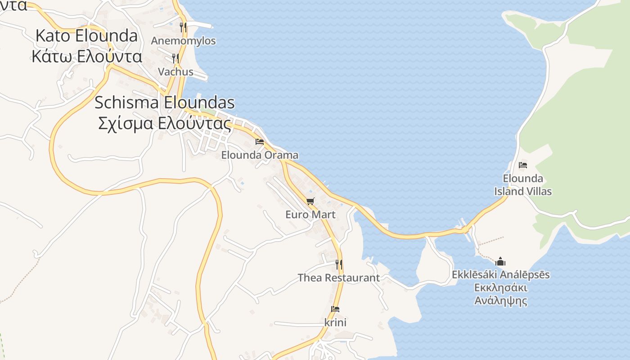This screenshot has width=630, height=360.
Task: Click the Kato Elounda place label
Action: [86, 36]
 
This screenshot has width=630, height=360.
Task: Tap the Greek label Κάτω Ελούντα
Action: [86, 57]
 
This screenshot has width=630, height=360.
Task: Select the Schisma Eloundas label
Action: [164, 103]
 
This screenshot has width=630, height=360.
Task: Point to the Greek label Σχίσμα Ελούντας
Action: [164, 123]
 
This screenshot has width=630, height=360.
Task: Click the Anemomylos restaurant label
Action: [183, 41]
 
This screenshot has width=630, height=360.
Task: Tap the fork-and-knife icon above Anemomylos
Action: [183, 27]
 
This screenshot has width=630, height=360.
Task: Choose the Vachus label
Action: [175, 72]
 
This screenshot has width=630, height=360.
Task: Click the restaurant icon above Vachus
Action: [175, 58]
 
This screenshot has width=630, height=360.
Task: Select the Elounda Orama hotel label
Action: [260, 155]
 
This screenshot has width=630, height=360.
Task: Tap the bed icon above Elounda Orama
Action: [260, 142]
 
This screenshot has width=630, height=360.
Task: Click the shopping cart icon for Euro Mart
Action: [310, 201]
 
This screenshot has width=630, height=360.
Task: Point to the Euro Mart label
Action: [310, 215]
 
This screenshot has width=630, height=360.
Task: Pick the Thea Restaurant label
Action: [339, 278]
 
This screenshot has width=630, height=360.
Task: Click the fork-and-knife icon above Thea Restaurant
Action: [339, 264]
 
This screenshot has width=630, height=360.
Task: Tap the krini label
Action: [335, 323]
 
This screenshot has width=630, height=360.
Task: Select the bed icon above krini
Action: [335, 309]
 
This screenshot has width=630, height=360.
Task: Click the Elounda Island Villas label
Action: [523, 185]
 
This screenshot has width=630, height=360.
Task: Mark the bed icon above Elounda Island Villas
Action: [523, 165]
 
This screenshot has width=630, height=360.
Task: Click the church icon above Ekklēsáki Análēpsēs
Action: [500, 261]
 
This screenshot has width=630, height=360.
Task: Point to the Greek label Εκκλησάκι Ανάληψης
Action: [500, 294]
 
